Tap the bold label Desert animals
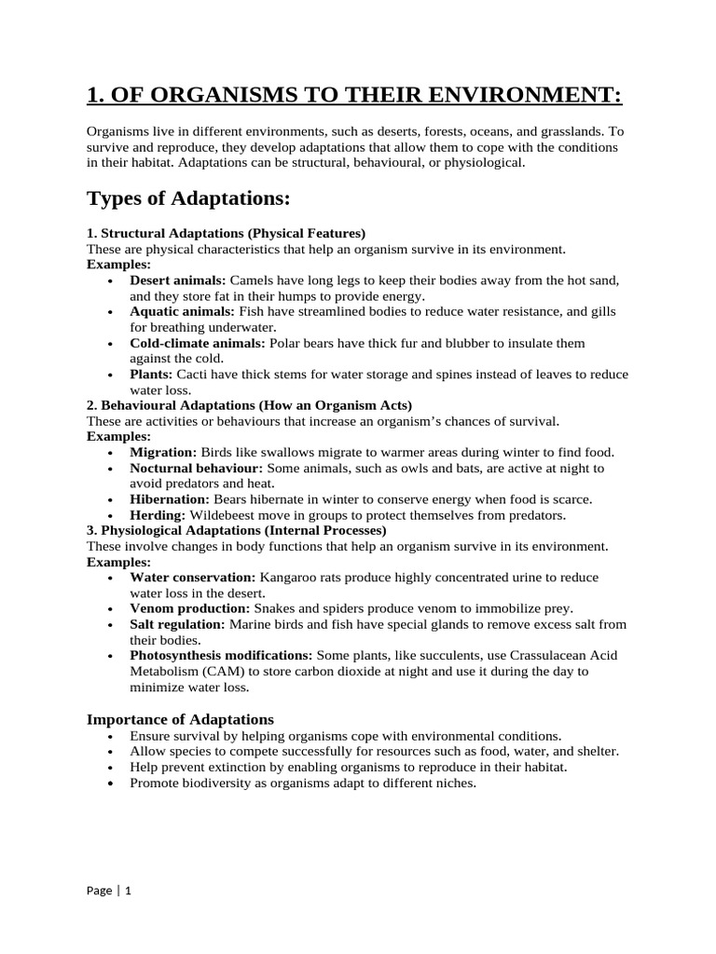[x=177, y=280]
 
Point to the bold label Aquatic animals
[x=182, y=311]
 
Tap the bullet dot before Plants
[x=112, y=375]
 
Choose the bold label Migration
[x=163, y=452]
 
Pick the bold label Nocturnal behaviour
[x=197, y=468]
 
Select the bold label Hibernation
[x=170, y=499]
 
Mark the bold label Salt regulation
[x=177, y=624]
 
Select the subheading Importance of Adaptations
[x=180, y=719]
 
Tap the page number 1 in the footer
[x=128, y=891]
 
